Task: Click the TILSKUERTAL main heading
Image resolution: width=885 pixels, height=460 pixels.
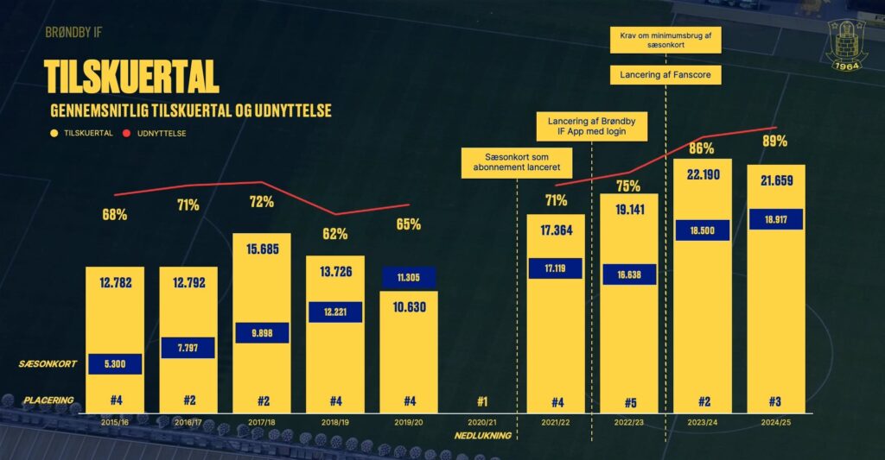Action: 131,77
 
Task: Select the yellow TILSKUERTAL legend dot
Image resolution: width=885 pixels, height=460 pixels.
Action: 54,134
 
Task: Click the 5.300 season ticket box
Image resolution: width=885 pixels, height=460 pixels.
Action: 114,364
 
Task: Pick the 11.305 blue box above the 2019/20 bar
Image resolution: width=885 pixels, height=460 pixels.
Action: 409,277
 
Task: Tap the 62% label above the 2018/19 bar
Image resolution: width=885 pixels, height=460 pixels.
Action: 335,233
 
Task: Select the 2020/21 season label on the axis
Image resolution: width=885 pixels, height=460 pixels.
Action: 482,422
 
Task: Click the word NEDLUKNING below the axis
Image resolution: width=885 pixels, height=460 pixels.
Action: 483,436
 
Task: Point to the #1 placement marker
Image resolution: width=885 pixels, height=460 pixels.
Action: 482,401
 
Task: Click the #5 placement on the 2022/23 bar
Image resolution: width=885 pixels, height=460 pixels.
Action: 629,401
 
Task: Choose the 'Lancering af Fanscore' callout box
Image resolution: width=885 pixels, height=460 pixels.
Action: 665,75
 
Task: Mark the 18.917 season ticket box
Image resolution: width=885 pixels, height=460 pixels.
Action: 776,219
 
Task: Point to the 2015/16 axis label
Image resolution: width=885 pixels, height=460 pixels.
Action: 114,422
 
